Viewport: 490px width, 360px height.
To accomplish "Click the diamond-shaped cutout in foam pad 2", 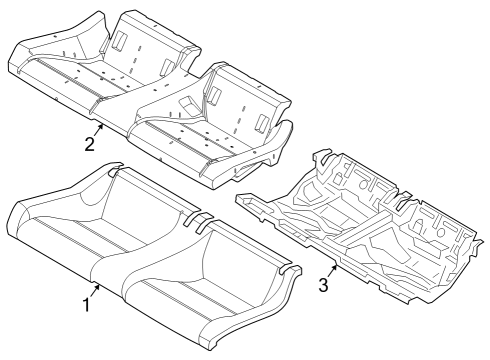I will pos(188,103).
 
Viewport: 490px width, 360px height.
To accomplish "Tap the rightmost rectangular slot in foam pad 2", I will pos(261,122).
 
